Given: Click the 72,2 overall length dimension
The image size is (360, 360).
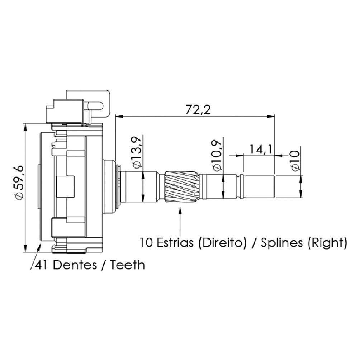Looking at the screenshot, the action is point(198,109).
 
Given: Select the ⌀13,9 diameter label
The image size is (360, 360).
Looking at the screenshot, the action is point(136,152).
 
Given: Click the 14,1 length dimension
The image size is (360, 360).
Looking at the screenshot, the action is point(261,149).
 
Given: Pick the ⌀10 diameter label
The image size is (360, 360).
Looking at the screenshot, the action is point(295,161).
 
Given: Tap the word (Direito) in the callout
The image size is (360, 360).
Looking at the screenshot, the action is point(222,243).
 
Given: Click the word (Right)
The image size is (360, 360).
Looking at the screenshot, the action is point(327,243).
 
